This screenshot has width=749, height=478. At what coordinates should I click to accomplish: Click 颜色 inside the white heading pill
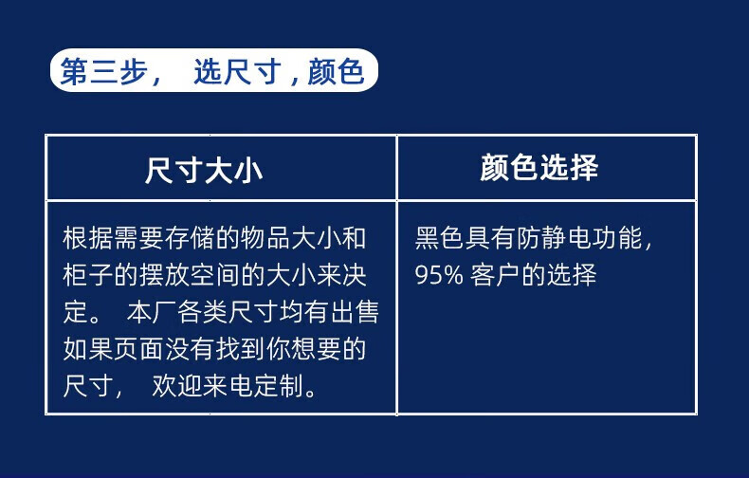[x=337, y=72]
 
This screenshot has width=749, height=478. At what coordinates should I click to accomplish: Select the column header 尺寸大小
[x=204, y=170]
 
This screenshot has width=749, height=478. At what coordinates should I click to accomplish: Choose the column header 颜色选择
[x=539, y=167]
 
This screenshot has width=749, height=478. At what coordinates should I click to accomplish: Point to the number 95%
[x=439, y=275]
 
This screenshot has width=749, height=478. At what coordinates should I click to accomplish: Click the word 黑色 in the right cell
[x=440, y=238]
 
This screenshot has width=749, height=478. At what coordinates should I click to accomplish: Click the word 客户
[x=495, y=275]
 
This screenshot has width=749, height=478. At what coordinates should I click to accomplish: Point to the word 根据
[x=88, y=238]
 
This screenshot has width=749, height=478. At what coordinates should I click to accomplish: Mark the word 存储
[x=190, y=238]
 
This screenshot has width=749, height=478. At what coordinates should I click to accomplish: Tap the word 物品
[x=265, y=238]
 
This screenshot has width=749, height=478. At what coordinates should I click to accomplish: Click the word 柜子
[x=88, y=275]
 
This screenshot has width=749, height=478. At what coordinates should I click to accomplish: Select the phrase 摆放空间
[x=190, y=275]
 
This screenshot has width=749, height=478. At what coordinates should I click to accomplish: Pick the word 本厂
[x=152, y=312]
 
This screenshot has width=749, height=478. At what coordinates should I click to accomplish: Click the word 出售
[x=355, y=312]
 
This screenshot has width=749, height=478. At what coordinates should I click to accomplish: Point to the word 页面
[x=138, y=349]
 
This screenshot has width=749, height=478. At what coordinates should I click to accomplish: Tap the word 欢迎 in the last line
[x=177, y=386]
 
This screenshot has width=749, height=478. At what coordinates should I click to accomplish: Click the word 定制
[x=279, y=386]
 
